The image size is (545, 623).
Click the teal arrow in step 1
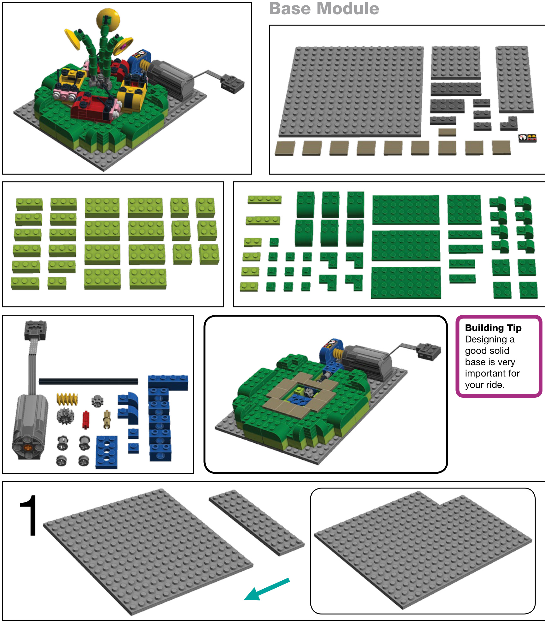click(267, 589)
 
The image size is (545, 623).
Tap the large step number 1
click(29, 515)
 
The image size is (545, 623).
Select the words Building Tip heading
click(493, 328)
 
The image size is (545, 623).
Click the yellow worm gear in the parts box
click(67, 399)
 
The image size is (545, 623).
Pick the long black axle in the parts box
click(88, 381)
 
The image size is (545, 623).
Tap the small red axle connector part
click(85, 420)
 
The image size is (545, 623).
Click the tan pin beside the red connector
click(107, 419)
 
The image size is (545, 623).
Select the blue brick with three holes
click(107, 452)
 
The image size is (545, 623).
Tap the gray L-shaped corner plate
click(509, 124)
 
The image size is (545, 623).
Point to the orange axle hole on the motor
click(28, 447)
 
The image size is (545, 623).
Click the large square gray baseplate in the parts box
click(351, 92)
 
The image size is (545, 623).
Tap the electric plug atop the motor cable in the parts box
click(35, 330)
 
